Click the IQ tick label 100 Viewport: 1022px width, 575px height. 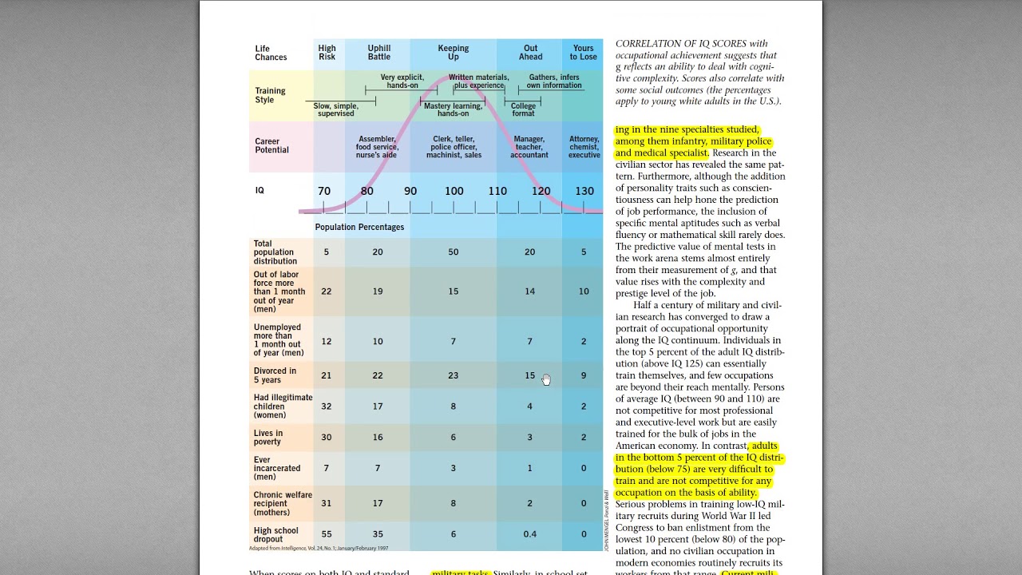[x=454, y=192]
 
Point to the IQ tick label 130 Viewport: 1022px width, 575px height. [x=584, y=192]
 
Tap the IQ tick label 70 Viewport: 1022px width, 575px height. [x=324, y=192]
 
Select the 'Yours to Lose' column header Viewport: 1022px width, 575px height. [x=583, y=53]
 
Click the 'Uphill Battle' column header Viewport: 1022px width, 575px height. [x=379, y=53]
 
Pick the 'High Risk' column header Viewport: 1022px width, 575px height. [x=327, y=53]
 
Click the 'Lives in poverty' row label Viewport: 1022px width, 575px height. [x=268, y=438]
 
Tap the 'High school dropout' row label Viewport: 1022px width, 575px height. [x=276, y=534]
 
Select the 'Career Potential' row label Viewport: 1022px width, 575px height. [x=272, y=145]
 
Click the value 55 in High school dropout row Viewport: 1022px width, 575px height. [x=327, y=534]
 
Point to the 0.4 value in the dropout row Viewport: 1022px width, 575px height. [x=529, y=534]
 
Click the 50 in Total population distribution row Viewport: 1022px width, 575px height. [x=454, y=252]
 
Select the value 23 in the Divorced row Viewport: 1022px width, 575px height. [x=454, y=375]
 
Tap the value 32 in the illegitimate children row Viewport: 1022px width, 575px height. [x=327, y=406]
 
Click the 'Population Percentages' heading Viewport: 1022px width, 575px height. [x=359, y=228]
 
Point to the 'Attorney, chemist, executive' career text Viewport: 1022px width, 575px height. [x=584, y=147]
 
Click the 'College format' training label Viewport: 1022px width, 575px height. [x=524, y=109]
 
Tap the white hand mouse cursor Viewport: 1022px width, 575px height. [x=546, y=379]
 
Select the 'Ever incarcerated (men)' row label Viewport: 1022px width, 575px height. [x=277, y=469]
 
